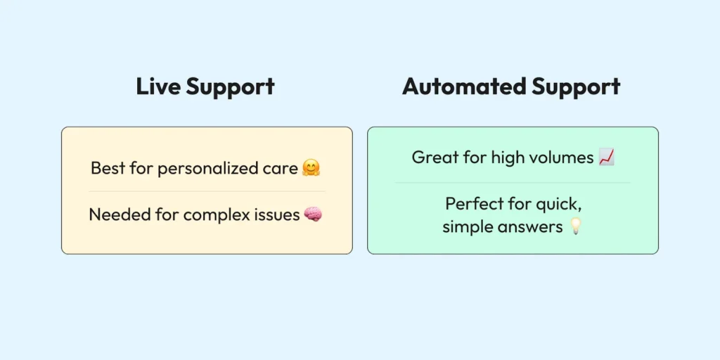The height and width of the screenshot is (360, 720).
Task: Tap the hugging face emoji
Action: tap(311, 169)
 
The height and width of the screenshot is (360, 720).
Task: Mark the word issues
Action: tap(277, 214)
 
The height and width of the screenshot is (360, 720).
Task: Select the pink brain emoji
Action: tap(314, 214)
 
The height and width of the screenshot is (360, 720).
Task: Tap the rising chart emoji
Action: tap(606, 157)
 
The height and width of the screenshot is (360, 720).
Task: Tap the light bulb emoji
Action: tap(576, 227)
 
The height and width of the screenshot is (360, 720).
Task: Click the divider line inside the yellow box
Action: tap(207, 191)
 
